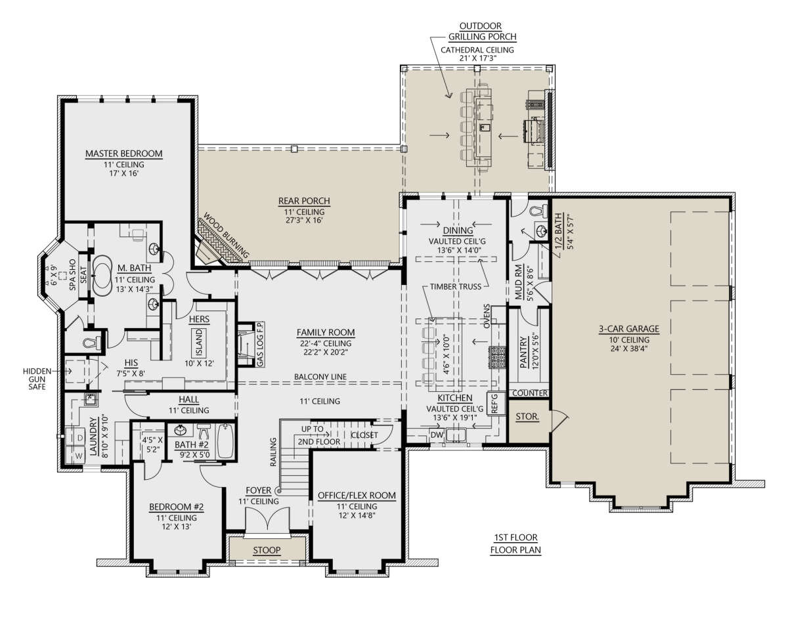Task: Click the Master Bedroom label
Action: point(123,154)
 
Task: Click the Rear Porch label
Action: point(304,201)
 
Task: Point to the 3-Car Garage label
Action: point(628,329)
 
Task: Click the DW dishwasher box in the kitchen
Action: point(437,434)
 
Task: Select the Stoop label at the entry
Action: point(267,550)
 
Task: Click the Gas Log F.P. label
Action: point(261,344)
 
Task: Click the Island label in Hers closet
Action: point(199,343)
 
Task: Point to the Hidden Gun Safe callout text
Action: point(37,379)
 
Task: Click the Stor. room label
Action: point(527,416)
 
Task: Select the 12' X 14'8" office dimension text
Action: point(357,515)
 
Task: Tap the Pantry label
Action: point(523,352)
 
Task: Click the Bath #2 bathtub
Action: point(225,441)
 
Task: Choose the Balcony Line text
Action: point(320,377)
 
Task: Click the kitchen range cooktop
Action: point(498,358)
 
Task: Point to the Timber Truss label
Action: point(456,287)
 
